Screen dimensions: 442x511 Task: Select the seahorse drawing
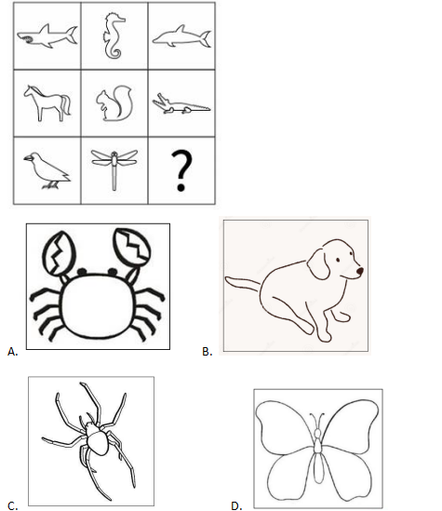click(x=113, y=37)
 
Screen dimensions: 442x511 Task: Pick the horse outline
click(x=47, y=102)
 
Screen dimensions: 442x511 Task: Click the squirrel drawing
click(x=114, y=104)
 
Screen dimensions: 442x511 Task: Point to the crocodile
click(x=181, y=104)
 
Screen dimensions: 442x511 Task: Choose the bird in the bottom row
click(x=47, y=170)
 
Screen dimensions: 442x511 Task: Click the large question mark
click(x=181, y=170)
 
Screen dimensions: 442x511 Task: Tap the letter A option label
click(x=12, y=352)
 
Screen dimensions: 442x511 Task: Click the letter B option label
click(x=207, y=352)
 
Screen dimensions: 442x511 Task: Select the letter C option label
click(x=12, y=505)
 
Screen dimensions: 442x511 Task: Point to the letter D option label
click(x=236, y=505)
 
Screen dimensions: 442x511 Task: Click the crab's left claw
click(x=59, y=252)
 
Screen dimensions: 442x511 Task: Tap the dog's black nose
click(x=359, y=271)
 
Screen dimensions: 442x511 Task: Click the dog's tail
click(x=243, y=284)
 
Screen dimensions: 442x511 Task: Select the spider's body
click(x=95, y=438)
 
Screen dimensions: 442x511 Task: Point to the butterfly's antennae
click(x=317, y=421)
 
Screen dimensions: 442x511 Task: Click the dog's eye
click(x=338, y=260)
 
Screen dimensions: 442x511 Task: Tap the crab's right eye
click(x=113, y=271)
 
